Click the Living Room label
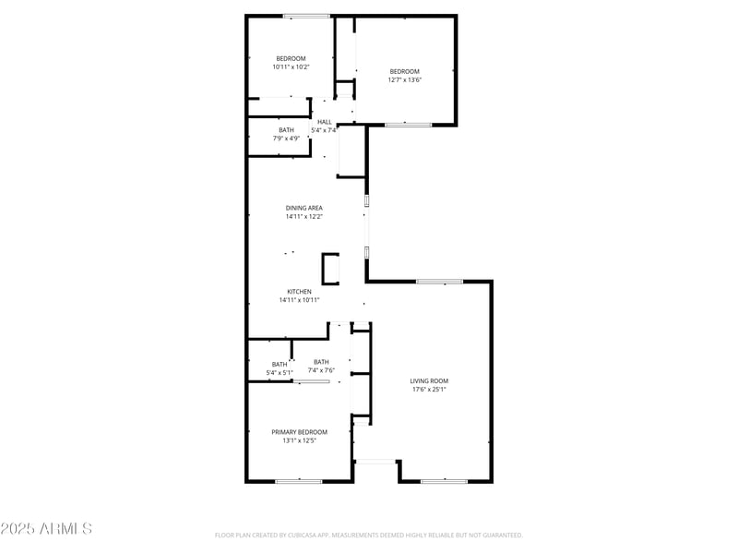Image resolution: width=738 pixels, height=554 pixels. coord(429,380)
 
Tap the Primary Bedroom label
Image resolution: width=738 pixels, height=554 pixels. coord(299,431)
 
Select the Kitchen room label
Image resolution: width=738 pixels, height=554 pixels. coord(299,291)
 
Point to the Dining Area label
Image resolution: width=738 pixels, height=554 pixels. coord(304,208)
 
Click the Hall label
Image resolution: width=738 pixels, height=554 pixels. coord(324,122)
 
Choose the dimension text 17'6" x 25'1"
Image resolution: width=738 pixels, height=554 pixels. coord(429,390)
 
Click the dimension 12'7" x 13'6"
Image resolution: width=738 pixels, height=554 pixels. coord(404,80)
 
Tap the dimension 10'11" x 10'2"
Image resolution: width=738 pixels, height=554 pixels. coord(291,66)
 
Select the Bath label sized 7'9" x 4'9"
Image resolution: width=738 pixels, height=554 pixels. coord(287,130)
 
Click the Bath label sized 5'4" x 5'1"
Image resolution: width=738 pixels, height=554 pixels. coord(280,364)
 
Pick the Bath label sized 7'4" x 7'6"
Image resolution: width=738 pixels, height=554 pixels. coord(321,362)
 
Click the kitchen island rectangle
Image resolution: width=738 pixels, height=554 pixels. coord(329,269)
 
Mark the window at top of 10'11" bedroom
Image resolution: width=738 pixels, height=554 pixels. coord(306,16)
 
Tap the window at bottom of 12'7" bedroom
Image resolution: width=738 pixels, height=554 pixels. coord(408,125)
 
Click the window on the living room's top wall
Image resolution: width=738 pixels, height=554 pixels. coord(439,282)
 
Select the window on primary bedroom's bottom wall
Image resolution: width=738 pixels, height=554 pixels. coord(298,481)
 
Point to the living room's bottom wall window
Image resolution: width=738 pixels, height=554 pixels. coord(444,481)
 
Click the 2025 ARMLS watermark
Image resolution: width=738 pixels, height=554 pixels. coord(46,529)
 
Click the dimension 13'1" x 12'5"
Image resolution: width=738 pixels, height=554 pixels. coord(299,440)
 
